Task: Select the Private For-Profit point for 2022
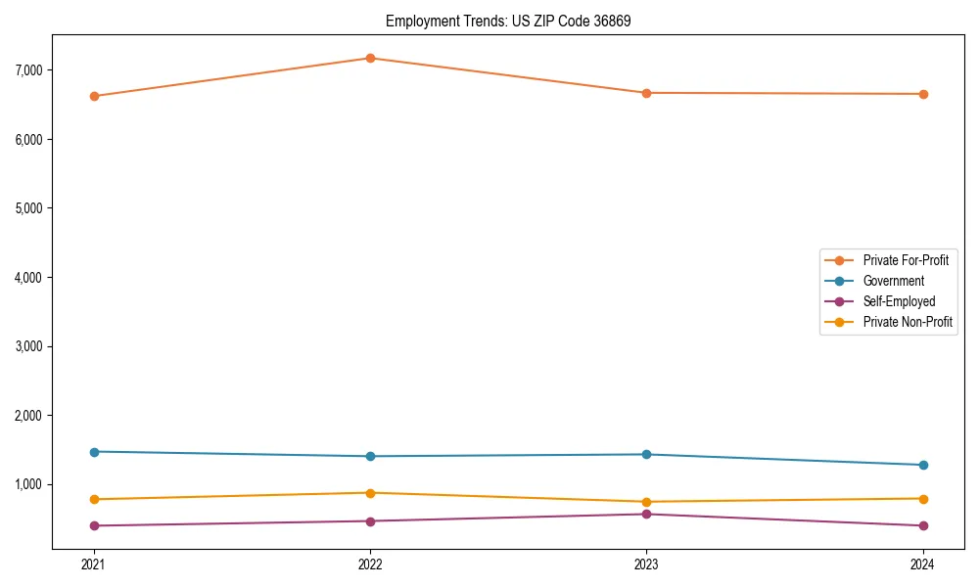pos(370,58)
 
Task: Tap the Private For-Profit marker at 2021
pos(94,96)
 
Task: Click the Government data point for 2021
pos(94,452)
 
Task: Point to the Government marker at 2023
pos(646,454)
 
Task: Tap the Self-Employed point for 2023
pos(646,514)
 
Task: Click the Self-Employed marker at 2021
pos(94,525)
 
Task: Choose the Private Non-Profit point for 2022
pos(370,493)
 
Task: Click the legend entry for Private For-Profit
pos(905,260)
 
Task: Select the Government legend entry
pos(893,281)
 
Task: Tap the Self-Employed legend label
pos(899,301)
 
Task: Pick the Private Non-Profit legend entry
pos(908,322)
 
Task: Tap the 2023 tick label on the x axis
pos(646,564)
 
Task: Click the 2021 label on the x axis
pos(94,564)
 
